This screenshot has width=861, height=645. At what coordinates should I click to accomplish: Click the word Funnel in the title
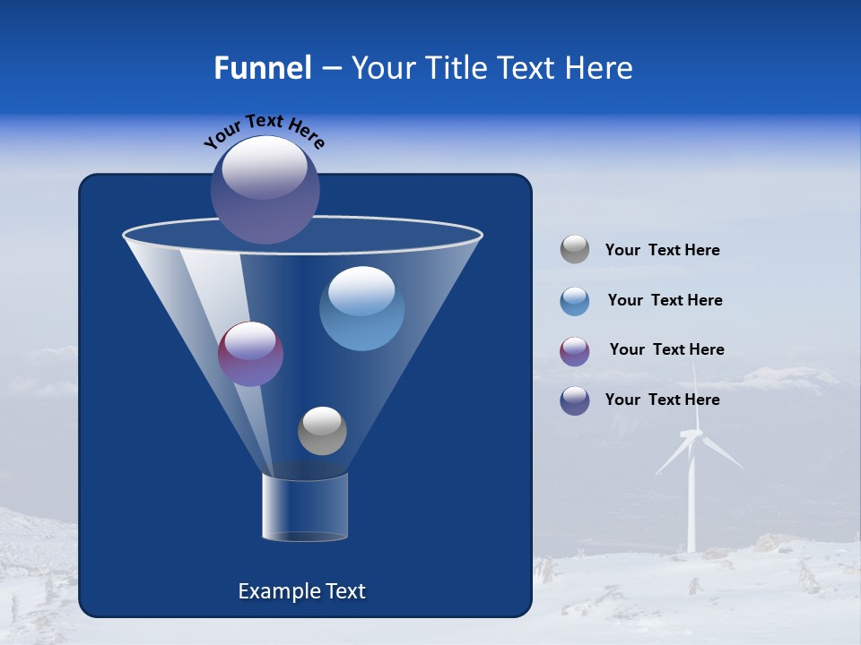[262, 68]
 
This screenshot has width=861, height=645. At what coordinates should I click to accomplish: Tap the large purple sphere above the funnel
[265, 189]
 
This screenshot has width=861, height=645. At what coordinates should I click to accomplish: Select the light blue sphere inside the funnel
[361, 308]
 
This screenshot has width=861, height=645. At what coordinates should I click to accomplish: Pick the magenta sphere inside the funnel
[250, 354]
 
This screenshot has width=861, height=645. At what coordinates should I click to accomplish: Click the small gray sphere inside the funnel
[322, 430]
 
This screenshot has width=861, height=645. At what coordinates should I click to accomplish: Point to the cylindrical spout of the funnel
[305, 507]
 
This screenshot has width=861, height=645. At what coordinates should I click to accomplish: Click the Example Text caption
[301, 591]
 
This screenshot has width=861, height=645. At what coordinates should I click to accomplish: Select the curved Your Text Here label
[264, 132]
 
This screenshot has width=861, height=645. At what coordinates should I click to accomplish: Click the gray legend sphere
[575, 250]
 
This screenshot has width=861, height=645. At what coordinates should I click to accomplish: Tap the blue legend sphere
[575, 301]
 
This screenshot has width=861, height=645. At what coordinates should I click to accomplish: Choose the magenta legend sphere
[575, 351]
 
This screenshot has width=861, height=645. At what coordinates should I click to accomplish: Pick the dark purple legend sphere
[575, 400]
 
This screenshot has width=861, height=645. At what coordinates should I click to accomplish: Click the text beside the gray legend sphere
[662, 250]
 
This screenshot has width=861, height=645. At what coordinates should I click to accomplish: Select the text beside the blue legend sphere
[665, 300]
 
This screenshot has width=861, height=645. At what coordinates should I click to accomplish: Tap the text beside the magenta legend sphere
[666, 349]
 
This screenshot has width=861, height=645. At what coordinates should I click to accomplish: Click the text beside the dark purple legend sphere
[662, 400]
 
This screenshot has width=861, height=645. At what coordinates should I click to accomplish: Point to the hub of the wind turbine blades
[691, 435]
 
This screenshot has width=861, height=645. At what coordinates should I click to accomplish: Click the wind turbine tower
[691, 502]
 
